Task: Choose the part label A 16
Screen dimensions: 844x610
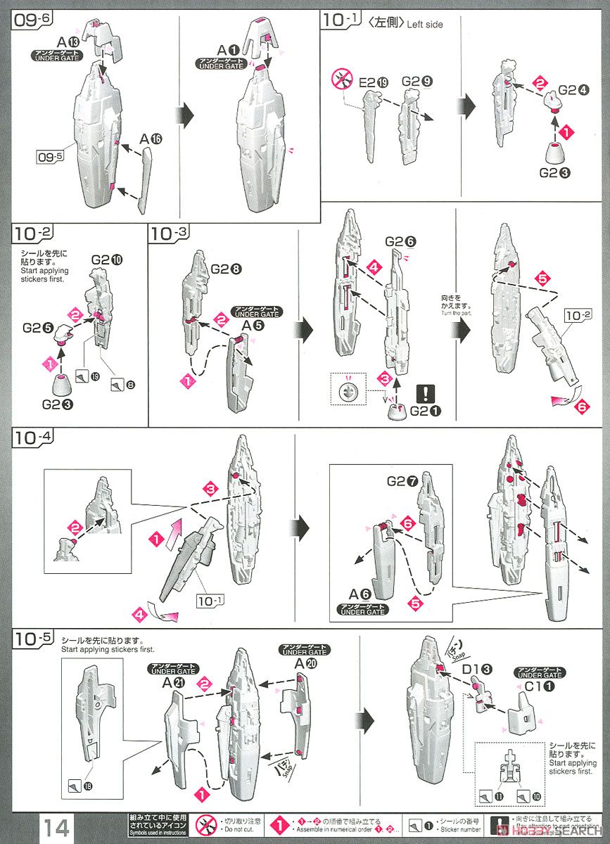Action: tap(151, 139)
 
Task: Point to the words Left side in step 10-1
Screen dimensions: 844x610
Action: tap(425, 25)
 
